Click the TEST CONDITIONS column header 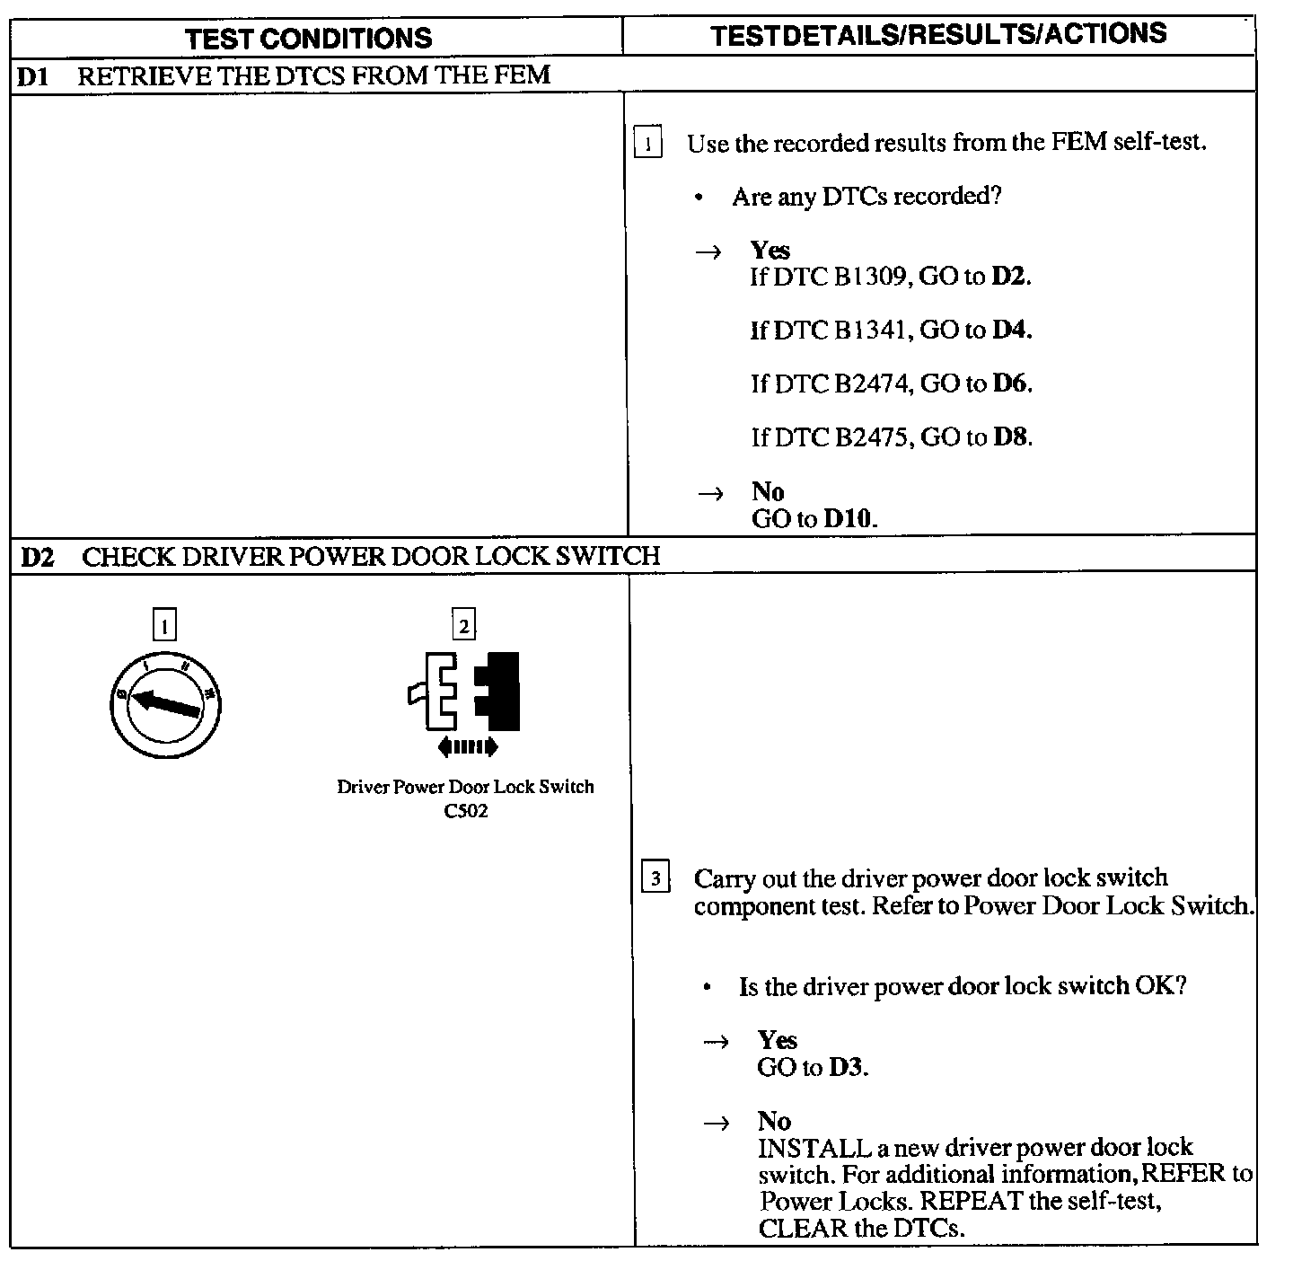(309, 38)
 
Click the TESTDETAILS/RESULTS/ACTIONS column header (938, 34)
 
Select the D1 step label (33, 75)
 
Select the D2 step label (37, 557)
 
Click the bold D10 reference (849, 518)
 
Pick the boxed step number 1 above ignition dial (164, 624)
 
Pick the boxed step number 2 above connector (463, 624)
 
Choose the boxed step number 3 (655, 877)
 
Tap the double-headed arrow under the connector (467, 746)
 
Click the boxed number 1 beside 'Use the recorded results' (647, 144)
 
